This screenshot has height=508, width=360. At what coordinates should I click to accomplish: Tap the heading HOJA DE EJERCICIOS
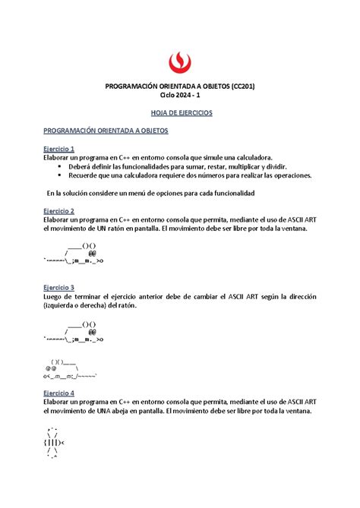pyautogui.click(x=179, y=113)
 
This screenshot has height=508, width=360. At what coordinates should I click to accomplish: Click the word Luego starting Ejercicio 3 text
pyautogui.click(x=55, y=297)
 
